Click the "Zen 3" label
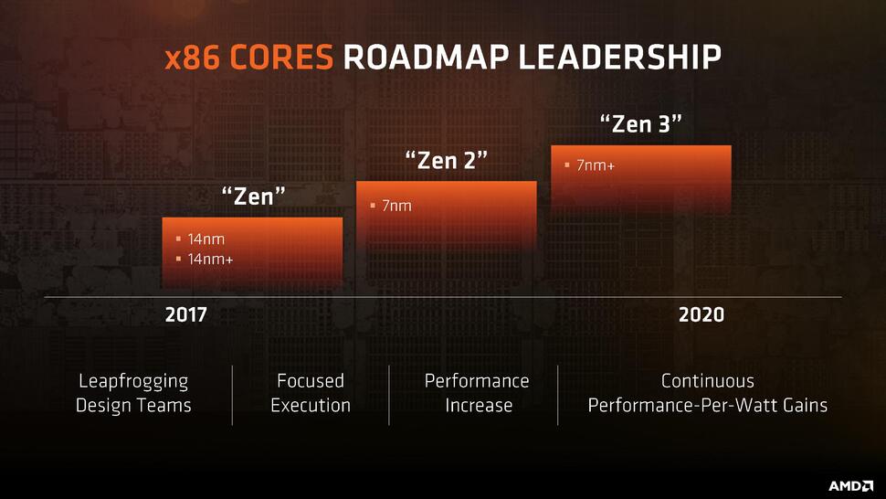point(640,123)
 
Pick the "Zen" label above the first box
point(254,196)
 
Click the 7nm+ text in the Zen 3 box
point(595,165)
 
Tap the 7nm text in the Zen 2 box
point(396,206)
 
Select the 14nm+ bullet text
point(210,259)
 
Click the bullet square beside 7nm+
point(567,165)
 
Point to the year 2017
point(186,315)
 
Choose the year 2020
point(701,315)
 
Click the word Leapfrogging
point(133,381)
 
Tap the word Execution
point(311,405)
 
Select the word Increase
point(478,405)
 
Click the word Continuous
point(708,381)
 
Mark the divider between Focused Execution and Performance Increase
point(389,395)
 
